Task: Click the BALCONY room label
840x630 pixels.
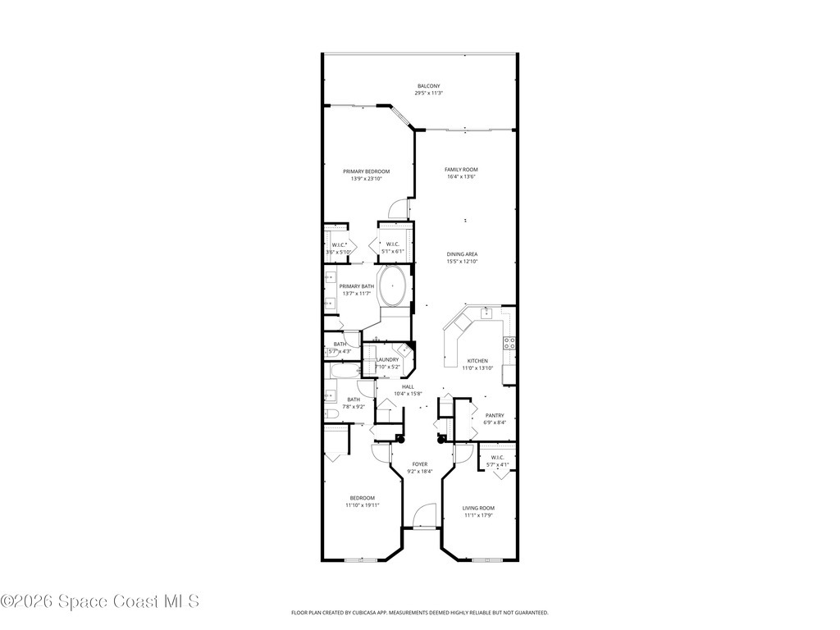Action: [x=428, y=86]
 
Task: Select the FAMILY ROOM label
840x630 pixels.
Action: [x=461, y=169]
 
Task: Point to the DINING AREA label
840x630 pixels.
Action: [x=462, y=254]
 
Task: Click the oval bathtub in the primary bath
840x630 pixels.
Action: [x=393, y=286]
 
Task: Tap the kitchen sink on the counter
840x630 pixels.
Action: [x=486, y=313]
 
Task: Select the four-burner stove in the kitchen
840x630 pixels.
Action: [x=509, y=343]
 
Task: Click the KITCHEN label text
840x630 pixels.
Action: [x=477, y=361]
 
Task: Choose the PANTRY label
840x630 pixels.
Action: [x=494, y=415]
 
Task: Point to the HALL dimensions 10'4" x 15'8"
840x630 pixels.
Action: [x=407, y=394]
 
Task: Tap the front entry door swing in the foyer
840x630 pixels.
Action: [x=423, y=517]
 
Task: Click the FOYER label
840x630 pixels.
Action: [x=419, y=464]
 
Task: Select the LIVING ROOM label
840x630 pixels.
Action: [x=478, y=508]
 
